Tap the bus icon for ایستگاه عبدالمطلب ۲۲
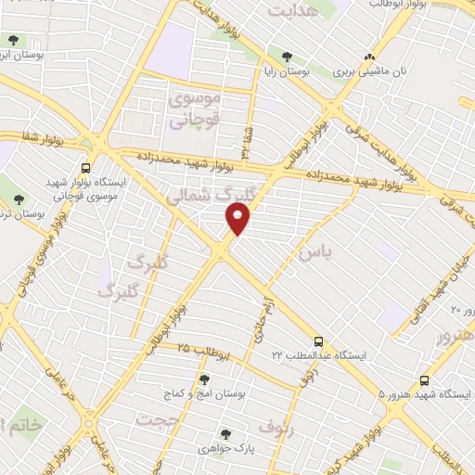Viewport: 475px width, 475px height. [318, 341]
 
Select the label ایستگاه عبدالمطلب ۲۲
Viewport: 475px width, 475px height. [317, 356]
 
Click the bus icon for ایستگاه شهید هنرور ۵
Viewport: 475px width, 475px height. [425, 380]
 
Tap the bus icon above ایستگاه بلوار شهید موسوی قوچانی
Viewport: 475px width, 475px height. [85, 169]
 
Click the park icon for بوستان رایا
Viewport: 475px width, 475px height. [288, 57]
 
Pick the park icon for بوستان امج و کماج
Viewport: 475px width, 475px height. [204, 379]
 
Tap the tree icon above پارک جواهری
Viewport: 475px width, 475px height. [225, 433]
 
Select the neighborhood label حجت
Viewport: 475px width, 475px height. [155, 420]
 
